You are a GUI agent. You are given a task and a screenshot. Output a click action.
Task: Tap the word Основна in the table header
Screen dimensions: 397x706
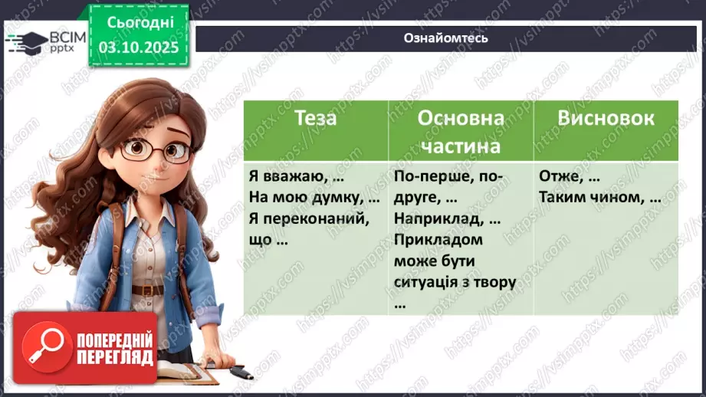pos(461,119)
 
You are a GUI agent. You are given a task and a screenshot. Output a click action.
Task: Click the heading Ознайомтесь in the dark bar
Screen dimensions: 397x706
pos(445,38)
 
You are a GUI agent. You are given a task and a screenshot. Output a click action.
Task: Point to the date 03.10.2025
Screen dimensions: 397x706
pos(138,47)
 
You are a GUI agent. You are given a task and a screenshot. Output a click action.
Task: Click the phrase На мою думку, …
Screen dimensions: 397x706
pos(314,198)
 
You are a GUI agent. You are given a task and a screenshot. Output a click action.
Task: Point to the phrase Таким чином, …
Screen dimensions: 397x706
pos(599,198)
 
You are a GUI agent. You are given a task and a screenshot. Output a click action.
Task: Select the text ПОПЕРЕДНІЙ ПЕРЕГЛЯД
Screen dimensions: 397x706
pos(114,349)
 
